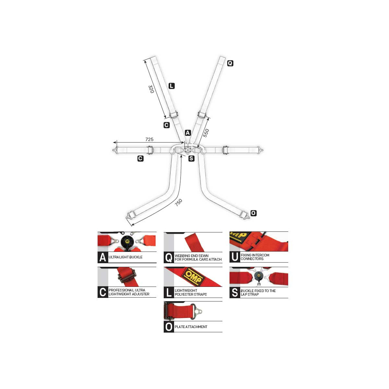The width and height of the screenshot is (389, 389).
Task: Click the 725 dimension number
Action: pos(149,139)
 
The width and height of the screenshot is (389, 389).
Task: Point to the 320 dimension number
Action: pos(151,89)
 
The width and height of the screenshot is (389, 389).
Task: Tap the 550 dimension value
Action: pos(206,133)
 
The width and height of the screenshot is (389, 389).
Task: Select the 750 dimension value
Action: pos(178,203)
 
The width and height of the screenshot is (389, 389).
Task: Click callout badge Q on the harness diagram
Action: pos(230,63)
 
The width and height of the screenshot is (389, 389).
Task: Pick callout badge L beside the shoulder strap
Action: pos(171,86)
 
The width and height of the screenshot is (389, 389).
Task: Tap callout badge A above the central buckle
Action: pos(188,133)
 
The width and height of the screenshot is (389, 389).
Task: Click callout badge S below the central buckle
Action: pos(191,159)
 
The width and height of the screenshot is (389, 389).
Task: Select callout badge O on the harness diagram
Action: pos(253,213)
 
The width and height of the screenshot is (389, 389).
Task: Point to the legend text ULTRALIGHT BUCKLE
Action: pos(125,257)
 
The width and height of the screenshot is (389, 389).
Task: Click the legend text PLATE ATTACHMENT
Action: pos(191,327)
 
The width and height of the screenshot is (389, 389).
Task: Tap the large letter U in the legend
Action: pos(235,257)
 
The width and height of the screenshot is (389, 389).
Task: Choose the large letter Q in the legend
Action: pos(169,258)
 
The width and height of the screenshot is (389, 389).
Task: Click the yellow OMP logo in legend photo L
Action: pos(193,277)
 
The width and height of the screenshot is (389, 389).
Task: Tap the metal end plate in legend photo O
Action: pos(196,312)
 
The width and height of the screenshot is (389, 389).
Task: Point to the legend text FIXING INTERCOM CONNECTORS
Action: pos(255,257)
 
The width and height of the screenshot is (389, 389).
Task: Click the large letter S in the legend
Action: pos(235,292)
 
